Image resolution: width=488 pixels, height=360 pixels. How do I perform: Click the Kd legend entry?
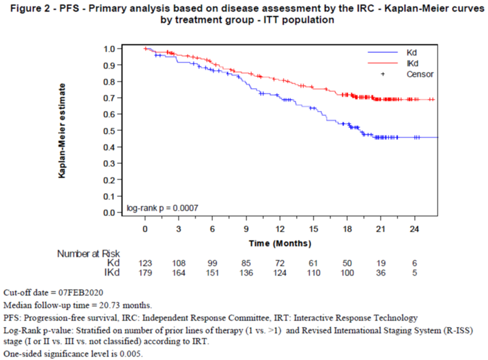point(411,53)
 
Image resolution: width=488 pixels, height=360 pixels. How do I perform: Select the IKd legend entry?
point(412,64)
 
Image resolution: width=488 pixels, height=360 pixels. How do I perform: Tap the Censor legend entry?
point(419,74)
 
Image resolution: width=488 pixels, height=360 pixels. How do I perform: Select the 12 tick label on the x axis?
point(280,229)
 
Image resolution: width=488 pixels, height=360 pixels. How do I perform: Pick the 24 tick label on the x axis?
point(414,229)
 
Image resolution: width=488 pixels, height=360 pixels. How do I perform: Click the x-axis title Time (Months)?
point(280,244)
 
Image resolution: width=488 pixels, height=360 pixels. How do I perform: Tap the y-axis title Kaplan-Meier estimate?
point(62,131)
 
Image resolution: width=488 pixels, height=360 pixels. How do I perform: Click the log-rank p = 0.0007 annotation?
point(162,208)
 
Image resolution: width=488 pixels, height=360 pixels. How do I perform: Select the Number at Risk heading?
point(88,254)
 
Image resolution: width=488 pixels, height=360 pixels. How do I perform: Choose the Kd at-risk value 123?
point(145,263)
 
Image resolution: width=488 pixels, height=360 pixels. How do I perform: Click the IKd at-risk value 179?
point(145,273)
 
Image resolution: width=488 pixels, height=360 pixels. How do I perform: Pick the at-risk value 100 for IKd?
point(347,273)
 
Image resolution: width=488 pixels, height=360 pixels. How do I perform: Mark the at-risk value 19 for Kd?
point(381,263)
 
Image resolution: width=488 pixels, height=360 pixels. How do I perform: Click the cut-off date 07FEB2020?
point(81,293)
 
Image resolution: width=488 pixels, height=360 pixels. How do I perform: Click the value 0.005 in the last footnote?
point(130,354)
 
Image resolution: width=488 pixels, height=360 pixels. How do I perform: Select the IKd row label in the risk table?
point(112,273)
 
